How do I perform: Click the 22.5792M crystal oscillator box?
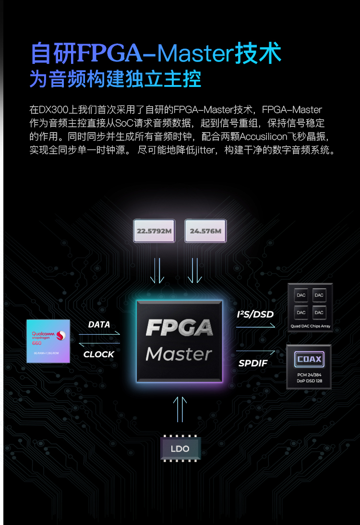click(154, 231)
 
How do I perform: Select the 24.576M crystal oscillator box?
click(205, 231)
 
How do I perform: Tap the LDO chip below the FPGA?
click(180, 449)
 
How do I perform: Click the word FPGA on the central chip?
click(179, 328)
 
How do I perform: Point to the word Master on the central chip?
click(179, 354)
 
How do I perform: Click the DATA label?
click(99, 325)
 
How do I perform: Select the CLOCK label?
click(99, 354)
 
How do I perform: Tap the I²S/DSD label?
click(255, 315)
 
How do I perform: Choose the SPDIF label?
click(253, 363)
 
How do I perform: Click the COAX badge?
click(309, 359)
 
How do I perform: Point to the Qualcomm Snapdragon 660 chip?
click(48, 341)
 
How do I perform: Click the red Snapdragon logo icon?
click(61, 334)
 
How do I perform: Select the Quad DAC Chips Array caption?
click(310, 326)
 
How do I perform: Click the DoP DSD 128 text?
click(310, 381)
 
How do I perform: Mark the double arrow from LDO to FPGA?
click(180, 409)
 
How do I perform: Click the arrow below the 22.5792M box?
click(157, 270)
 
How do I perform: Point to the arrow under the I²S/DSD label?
click(256, 326)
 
